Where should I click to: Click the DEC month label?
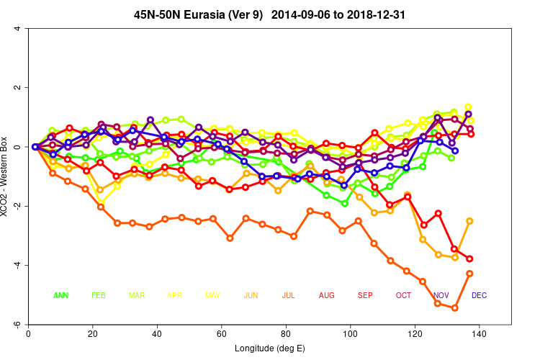click(x=479, y=295)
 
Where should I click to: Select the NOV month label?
click(x=441, y=295)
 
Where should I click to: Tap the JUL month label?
click(x=288, y=295)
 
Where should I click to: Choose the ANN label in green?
click(x=61, y=295)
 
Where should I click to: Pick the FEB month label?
click(x=99, y=295)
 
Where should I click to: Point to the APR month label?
click(x=175, y=295)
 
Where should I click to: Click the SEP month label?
click(x=365, y=295)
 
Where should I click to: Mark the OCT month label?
click(x=403, y=295)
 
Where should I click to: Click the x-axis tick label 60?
click(x=221, y=334)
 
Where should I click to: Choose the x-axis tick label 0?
click(x=27, y=334)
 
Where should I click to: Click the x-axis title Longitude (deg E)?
click(x=269, y=349)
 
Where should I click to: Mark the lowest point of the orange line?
click(x=455, y=308)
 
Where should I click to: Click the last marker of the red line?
click(x=470, y=258)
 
